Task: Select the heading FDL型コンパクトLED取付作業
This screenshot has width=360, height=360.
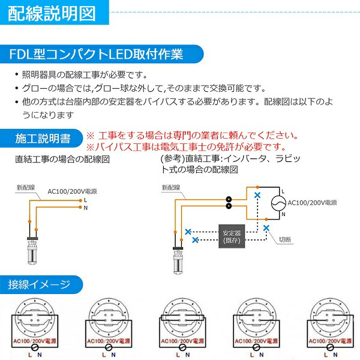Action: [x=96, y=55]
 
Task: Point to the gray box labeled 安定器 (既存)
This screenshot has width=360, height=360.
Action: [x=231, y=236]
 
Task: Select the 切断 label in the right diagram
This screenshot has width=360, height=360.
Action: [x=285, y=239]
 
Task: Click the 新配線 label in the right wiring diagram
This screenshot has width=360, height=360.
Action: [x=171, y=188]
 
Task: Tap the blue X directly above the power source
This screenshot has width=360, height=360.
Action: [x=257, y=195]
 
